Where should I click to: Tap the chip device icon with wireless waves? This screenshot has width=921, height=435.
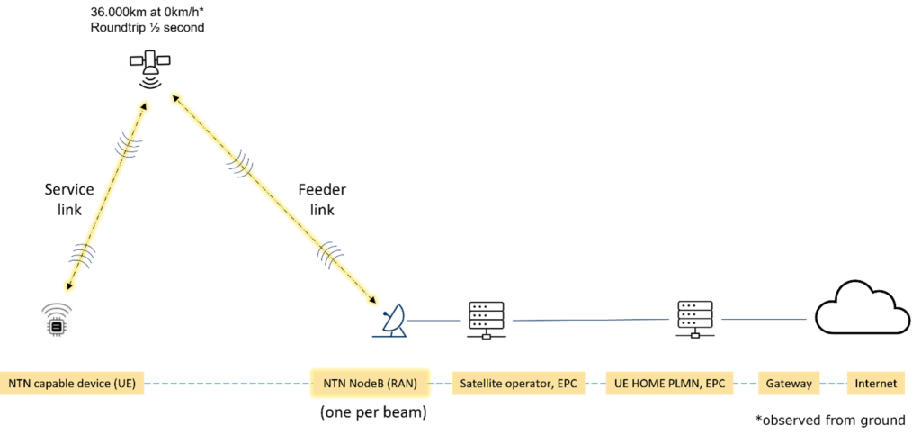[56, 320]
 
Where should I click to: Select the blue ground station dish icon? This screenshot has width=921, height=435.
[391, 322]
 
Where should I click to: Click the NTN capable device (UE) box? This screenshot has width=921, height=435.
[72, 384]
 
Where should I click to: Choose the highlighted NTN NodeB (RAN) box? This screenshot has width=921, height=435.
[370, 384]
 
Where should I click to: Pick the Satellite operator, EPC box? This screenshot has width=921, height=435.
[518, 384]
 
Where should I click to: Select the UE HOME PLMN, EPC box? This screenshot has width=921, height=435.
[670, 384]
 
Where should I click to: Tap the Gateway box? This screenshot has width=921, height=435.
[789, 384]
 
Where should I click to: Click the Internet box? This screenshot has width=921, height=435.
[875, 384]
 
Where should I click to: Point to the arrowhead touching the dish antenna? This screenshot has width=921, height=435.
[373, 301]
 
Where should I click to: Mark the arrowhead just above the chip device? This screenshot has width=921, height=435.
[68, 285]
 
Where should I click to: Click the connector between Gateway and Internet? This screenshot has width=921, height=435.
[834, 384]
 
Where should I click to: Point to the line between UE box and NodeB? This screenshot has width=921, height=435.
[226, 384]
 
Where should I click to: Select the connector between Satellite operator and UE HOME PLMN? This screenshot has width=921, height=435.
[595, 384]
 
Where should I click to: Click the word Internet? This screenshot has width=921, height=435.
[875, 384]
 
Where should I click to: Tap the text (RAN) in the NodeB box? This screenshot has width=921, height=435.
[400, 384]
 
